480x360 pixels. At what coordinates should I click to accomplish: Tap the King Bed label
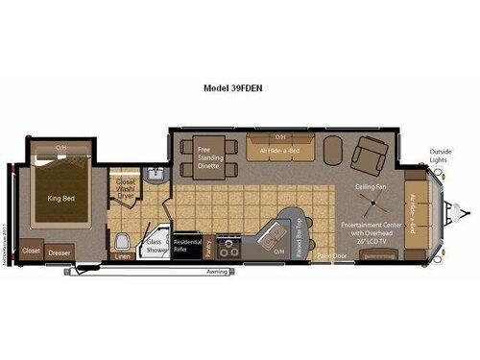coord(61,199)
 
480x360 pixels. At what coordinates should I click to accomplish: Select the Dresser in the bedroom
coord(60,252)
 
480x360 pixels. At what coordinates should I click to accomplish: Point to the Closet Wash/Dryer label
coord(126,187)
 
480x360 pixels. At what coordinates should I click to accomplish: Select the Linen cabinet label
coord(122,257)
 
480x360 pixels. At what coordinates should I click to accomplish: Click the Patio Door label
coord(332,256)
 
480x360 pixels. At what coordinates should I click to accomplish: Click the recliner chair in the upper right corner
coord(369,153)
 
